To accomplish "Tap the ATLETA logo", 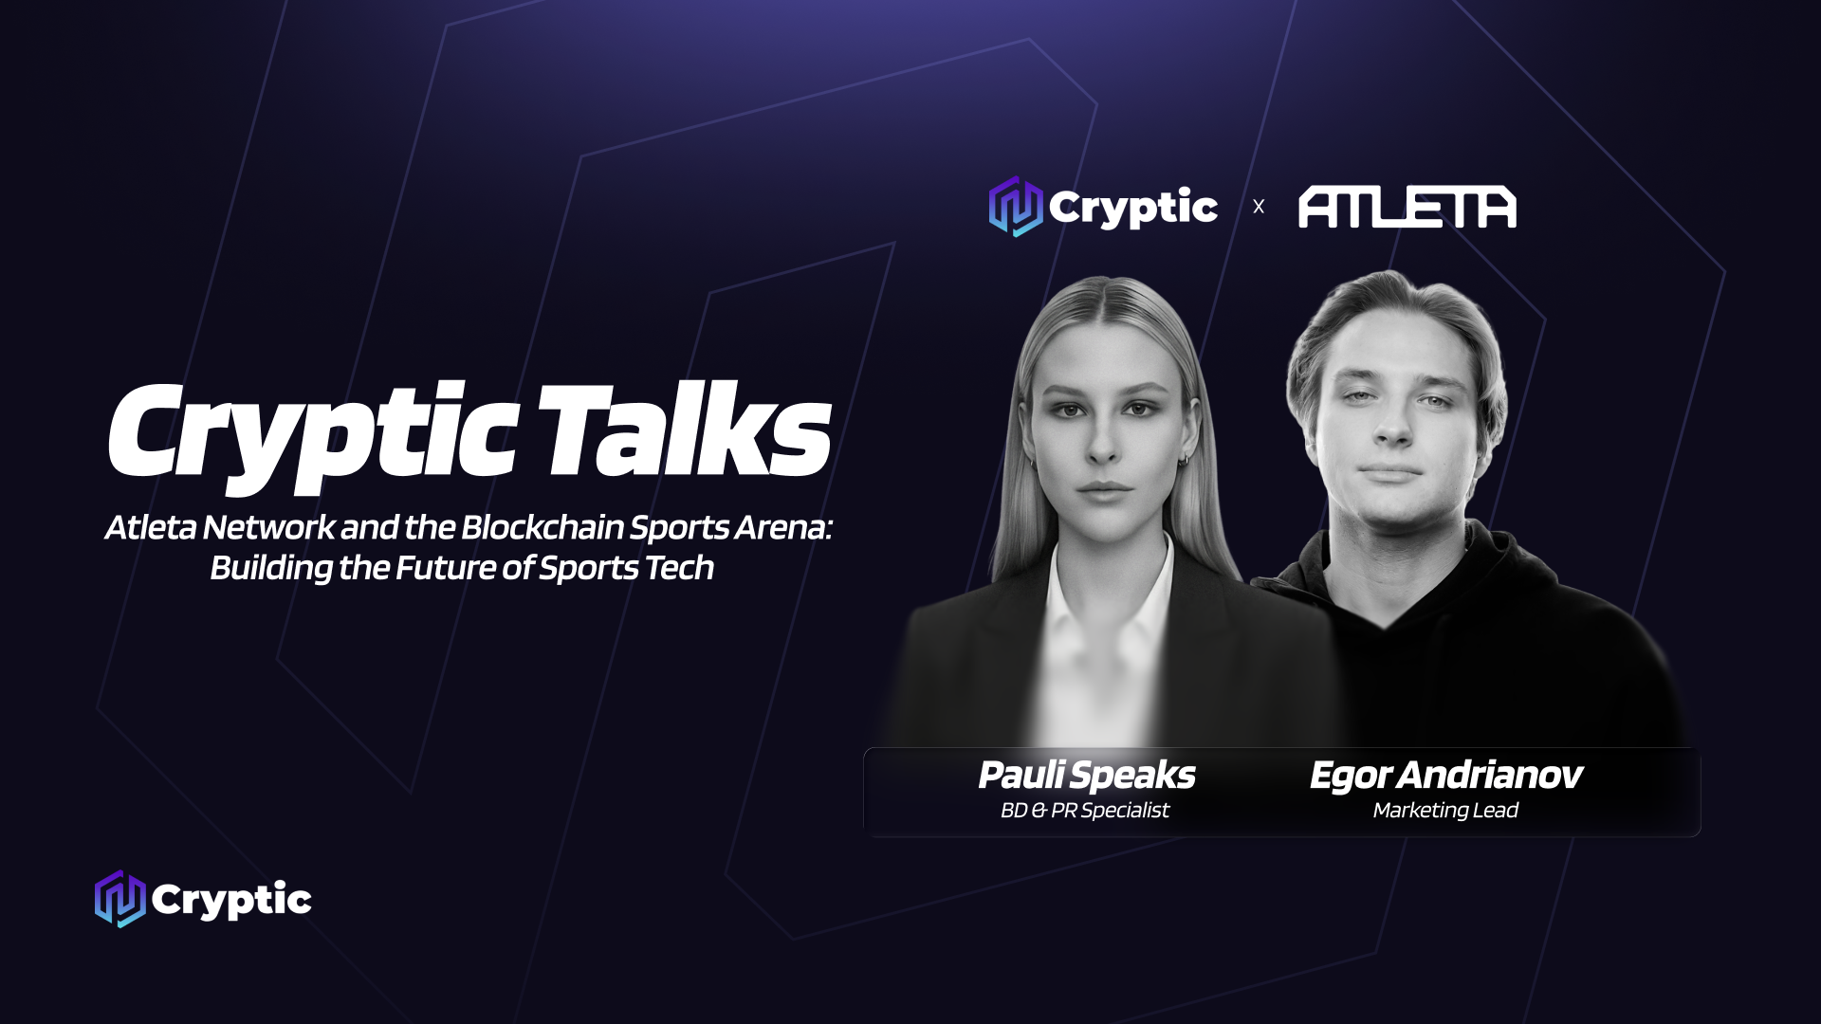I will click(1407, 208).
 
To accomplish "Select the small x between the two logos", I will click(1259, 207).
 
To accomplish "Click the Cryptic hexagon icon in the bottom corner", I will click(120, 899).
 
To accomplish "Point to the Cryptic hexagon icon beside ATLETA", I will click(1016, 207).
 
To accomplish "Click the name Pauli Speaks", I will click(1086, 776).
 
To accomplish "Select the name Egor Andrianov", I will click(1445, 776).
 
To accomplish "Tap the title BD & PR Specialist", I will click(1085, 811).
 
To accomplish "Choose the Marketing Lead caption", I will click(1445, 811).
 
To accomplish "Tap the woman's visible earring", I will click(1183, 462).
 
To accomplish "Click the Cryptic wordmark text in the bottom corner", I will click(231, 900).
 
